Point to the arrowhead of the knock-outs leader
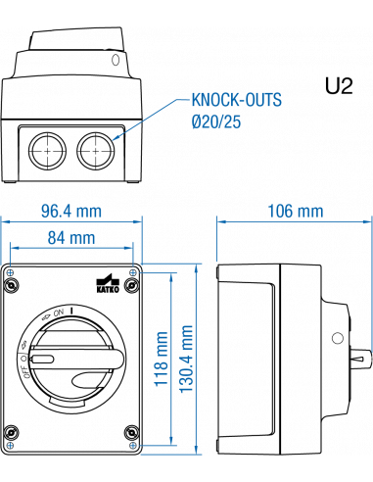click(x=116, y=138)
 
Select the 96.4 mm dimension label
click(x=70, y=211)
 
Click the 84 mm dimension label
click(x=70, y=236)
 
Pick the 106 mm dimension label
click(x=295, y=211)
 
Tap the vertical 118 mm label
click(x=162, y=360)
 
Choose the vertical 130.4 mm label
click(x=187, y=357)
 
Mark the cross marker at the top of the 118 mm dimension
click(x=133, y=274)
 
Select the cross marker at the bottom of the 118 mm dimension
click(x=133, y=446)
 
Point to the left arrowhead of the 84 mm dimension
click(x=13, y=248)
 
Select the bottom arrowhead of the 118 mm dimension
click(x=173, y=442)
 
